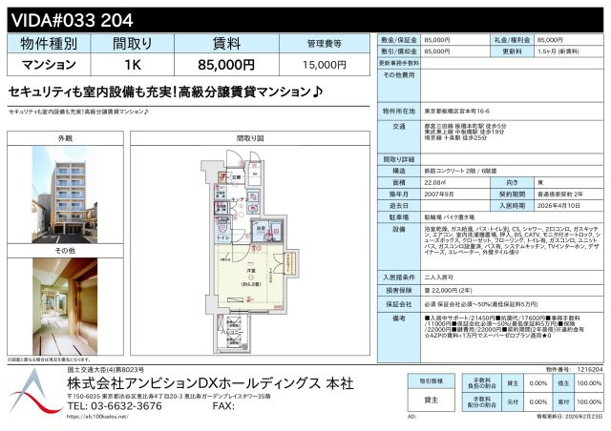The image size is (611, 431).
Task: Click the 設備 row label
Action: point(399,230)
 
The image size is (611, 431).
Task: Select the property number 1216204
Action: point(589,368)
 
